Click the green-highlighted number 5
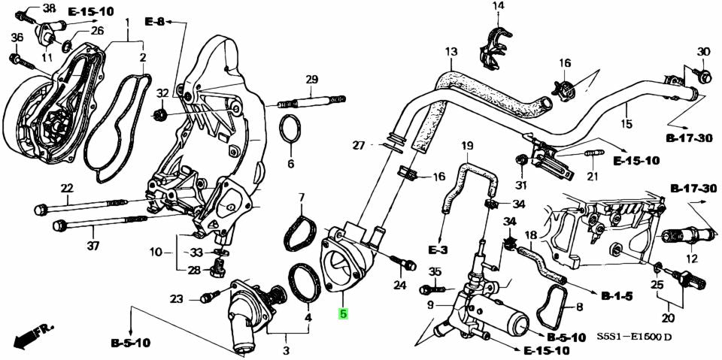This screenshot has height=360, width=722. (x=343, y=314)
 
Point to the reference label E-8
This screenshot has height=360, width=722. (x=154, y=23)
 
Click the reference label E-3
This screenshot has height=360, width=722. (x=438, y=249)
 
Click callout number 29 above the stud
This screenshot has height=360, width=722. (x=311, y=80)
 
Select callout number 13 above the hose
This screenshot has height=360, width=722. (x=450, y=52)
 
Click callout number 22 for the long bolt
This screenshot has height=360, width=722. (x=67, y=188)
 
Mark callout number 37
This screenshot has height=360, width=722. (x=93, y=247)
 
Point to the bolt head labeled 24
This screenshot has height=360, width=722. (x=408, y=265)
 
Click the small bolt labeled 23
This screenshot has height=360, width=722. (x=205, y=298)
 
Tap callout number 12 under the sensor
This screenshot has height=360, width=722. (x=691, y=259)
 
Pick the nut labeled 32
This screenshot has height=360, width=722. (x=159, y=115)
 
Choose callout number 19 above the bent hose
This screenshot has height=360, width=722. (x=467, y=145)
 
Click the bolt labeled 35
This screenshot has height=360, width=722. (x=430, y=289)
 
